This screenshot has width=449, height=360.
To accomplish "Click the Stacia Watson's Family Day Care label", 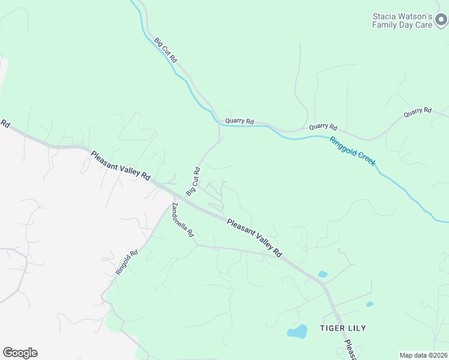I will [402, 21].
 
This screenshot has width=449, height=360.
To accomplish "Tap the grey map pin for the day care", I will [441, 21].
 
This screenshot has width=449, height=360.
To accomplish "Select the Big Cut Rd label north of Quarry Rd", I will [166, 50].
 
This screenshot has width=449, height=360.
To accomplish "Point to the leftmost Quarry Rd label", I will [240, 121].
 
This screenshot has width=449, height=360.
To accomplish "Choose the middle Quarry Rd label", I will [324, 127].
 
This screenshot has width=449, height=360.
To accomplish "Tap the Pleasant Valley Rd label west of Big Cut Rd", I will [121, 166].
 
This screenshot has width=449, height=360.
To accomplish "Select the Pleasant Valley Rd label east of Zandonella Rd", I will [255, 238].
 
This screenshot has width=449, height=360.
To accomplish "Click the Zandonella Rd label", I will [182, 219].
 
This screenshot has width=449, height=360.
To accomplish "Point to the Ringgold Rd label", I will [127, 262].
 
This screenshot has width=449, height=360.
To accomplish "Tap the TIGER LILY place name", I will [343, 328].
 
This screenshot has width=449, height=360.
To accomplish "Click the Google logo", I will [20, 353].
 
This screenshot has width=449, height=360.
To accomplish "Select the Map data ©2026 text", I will [424, 355].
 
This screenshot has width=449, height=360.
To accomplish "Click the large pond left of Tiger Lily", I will [297, 332].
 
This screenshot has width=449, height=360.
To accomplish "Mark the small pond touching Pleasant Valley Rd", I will [322, 274].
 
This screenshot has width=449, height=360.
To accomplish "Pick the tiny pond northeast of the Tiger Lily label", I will [369, 304].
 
